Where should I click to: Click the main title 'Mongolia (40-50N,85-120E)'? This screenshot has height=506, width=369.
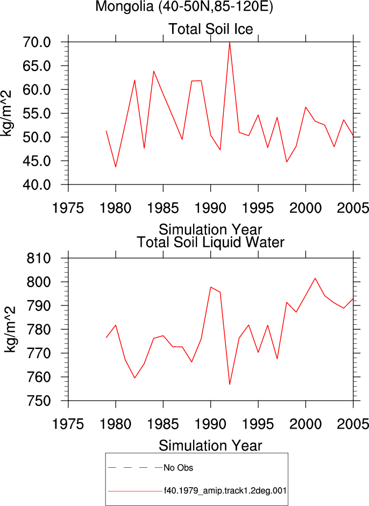click(184, 6)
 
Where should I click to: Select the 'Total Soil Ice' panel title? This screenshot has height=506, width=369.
click(210, 29)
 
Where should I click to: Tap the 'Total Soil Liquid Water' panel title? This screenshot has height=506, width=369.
click(210, 242)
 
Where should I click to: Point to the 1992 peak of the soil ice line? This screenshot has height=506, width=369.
click(230, 42)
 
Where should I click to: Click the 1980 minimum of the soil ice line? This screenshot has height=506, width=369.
click(116, 167)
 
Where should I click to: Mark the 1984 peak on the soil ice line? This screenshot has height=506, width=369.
click(154, 71)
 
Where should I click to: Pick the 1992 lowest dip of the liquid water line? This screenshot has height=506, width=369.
click(230, 384)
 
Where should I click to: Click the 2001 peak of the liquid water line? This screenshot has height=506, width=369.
click(315, 278)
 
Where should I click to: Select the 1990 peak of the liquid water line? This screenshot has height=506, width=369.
click(210, 287)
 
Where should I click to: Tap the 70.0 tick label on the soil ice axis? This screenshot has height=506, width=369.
click(37, 42)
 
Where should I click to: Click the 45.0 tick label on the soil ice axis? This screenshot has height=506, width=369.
click(37, 161)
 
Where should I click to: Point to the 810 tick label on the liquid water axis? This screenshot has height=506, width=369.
click(39, 258)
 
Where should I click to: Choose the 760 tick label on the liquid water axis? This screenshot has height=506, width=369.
click(39, 377)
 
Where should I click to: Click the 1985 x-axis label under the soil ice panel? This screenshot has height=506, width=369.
click(163, 208)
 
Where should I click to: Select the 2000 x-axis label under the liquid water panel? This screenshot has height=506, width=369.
click(306, 424)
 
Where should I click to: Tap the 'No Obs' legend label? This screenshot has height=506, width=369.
click(178, 468)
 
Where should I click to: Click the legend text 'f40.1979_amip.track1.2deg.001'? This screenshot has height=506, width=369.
click(225, 491)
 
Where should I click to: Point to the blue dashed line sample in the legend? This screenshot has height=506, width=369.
click(136, 468)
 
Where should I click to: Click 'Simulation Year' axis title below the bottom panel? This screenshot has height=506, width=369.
click(210, 446)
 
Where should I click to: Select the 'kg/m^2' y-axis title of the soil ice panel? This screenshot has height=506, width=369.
click(6, 113)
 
